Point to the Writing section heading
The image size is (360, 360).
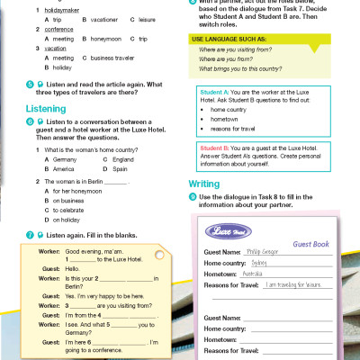click(203, 184)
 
